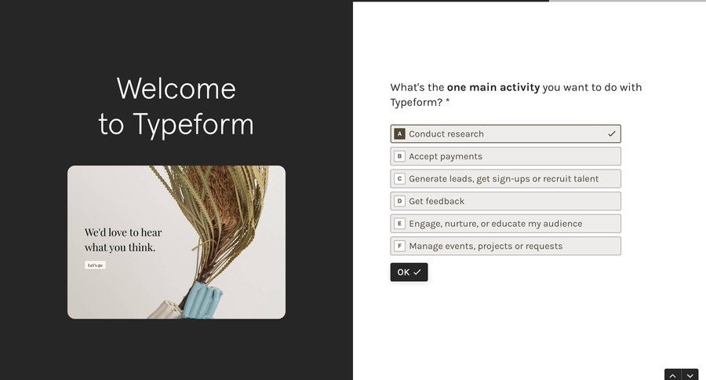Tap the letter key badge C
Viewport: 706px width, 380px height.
[399, 179]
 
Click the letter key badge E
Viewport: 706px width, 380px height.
[399, 224]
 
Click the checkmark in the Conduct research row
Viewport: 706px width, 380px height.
[612, 134]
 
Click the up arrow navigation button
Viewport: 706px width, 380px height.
[673, 375]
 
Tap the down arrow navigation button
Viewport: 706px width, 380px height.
[690, 375]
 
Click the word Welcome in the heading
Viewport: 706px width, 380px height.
[176, 89]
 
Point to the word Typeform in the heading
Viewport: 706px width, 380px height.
[193, 125]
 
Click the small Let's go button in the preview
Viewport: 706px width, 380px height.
[95, 265]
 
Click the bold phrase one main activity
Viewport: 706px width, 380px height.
[493, 87]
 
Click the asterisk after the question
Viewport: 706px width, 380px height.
[448, 102]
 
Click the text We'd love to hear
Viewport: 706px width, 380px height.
[123, 232]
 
